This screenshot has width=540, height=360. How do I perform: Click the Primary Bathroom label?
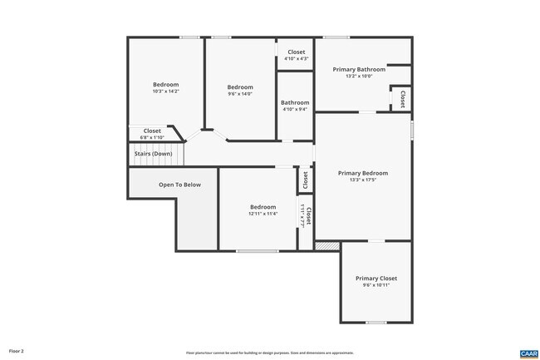359,70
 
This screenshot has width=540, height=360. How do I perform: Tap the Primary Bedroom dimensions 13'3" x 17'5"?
363,180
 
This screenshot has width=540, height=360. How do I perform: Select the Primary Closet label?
376,278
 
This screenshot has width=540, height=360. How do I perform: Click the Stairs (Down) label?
153,154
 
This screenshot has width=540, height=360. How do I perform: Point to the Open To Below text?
179,185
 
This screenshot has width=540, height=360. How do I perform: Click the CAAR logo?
528,353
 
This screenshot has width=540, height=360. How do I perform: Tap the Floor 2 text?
17,352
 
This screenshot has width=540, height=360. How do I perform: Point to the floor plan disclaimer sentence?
269,353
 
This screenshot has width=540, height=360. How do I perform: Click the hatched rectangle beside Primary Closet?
327,245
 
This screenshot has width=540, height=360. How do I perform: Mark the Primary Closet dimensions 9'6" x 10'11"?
376,285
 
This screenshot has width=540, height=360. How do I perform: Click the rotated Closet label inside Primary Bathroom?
402,98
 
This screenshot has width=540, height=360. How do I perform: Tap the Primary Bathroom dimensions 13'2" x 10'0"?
359,76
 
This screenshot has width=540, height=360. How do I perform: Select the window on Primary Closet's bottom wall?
376,322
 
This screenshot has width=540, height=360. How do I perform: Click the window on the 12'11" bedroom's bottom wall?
257,250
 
